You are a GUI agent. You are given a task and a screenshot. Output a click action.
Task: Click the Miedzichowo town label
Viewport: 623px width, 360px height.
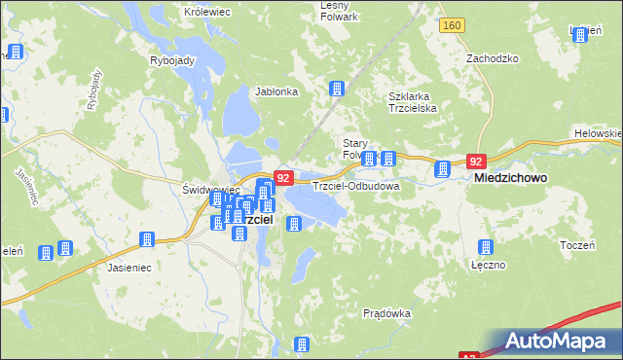tap(509, 180)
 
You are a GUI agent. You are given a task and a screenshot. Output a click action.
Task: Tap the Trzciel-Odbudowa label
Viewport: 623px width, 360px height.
tap(356, 185)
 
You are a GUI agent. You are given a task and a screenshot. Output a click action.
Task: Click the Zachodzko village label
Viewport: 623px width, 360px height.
tap(492, 58)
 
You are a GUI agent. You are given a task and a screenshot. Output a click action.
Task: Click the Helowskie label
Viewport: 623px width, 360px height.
tap(598, 132)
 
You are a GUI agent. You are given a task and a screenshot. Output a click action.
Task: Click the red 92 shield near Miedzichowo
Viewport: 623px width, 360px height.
tap(475, 162)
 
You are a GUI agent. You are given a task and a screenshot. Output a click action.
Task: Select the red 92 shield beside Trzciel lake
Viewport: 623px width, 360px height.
tap(283, 178)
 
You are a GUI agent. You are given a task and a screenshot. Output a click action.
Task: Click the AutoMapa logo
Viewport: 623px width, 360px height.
tap(553, 341)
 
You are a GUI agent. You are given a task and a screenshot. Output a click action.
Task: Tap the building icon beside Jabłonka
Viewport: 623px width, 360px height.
tap(337, 90)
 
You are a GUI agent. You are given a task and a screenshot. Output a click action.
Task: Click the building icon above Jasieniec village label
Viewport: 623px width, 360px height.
tap(148, 239)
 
